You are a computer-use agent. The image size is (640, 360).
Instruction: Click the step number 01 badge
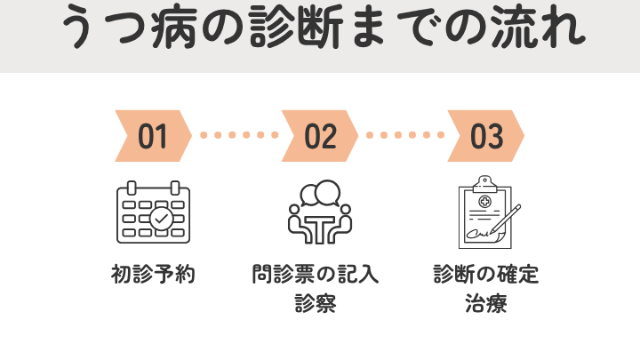(x=154, y=136)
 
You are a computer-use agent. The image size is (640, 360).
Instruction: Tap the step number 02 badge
(x=320, y=136)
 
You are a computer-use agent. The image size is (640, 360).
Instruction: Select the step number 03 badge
(x=485, y=136)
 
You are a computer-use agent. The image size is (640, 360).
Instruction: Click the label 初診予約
(x=154, y=275)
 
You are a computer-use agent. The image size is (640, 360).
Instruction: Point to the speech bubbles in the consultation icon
(x=321, y=192)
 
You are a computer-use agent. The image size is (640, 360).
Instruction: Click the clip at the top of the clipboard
(x=484, y=181)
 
